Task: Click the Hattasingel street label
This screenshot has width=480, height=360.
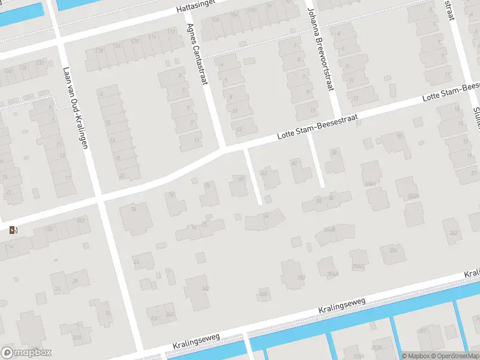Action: click(x=196, y=7)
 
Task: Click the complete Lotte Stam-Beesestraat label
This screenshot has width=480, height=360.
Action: click(x=317, y=127)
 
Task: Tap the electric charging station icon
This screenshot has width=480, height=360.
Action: click(x=13, y=230)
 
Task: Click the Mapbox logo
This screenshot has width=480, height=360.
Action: click(x=26, y=352)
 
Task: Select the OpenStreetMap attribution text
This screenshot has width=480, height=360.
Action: click(x=455, y=356)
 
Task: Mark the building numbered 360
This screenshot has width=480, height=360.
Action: click(x=301, y=277)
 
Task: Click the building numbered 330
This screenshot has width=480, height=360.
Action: click(x=77, y=337)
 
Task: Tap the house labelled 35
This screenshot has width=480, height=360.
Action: click(x=107, y=313)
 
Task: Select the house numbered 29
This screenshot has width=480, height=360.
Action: click(x=75, y=281)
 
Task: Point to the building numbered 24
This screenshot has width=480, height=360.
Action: click(x=136, y=262)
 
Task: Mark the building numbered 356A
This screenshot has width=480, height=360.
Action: click(x=329, y=229)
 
